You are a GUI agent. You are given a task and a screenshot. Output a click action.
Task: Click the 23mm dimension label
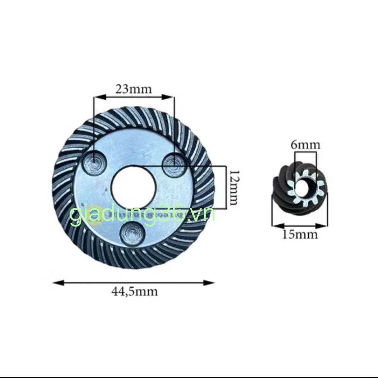coord(133,89)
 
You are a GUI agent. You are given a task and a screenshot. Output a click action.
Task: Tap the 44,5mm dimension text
coord(134,292)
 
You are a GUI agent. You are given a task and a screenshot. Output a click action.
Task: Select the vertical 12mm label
coord(234,188)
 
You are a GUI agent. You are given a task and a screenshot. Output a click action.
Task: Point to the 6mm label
coord(305,145)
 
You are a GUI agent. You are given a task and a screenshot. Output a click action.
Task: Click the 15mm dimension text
coord(300,234)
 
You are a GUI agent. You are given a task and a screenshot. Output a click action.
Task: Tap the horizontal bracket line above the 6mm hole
coord(305,152)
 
